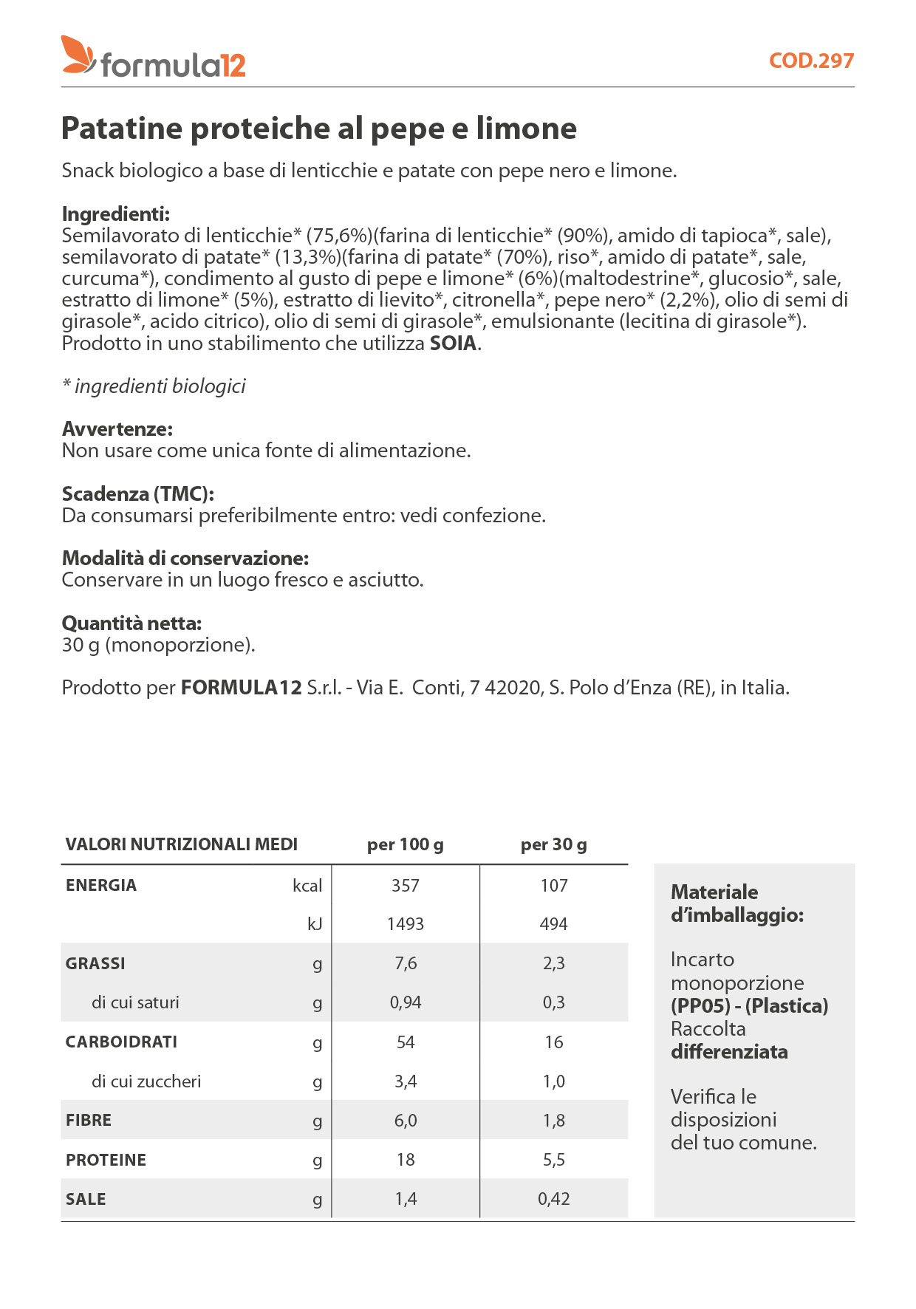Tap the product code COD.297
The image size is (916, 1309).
tap(811, 61)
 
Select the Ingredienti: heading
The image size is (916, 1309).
tap(116, 214)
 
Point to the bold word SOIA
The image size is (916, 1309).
tap(453, 344)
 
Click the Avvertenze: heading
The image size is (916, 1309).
tap(117, 429)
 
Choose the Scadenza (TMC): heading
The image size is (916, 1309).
tap(138, 493)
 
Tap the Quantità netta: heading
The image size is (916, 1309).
tap(131, 623)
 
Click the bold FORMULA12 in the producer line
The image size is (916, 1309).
tap(242, 688)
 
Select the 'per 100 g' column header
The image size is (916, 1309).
tap(406, 844)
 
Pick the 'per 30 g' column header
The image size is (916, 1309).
tap(554, 844)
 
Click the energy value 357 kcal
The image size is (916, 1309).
tap(406, 886)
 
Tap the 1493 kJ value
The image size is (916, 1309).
tap(406, 924)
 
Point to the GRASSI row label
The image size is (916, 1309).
tap(95, 963)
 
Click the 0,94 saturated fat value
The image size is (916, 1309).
tap(406, 1002)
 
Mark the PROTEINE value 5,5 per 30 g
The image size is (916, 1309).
tap(554, 1160)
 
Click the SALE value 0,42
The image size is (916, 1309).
tap(554, 1199)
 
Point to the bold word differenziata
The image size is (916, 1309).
tap(729, 1052)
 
